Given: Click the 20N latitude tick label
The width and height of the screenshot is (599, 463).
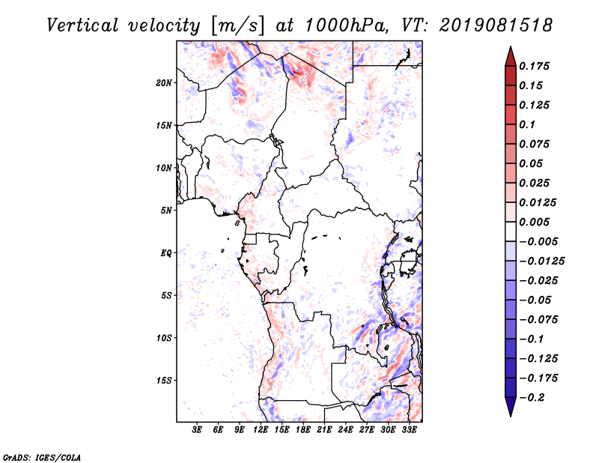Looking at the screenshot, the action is point(164,83).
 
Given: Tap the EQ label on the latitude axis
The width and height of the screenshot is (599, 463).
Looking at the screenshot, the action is point(165,253).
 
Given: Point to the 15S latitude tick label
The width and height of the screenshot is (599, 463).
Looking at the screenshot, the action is point(164,381).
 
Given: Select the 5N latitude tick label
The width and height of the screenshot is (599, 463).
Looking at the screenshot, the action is point(166,211).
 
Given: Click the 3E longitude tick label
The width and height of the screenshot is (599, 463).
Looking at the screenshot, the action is point(197,429).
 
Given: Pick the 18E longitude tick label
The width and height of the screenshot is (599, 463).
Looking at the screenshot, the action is point(303,429).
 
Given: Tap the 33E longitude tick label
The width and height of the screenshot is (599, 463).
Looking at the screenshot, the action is point(409,429).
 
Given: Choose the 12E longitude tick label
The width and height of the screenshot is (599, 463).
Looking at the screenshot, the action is point(261,429).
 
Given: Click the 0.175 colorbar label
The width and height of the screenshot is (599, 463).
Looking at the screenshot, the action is point(534,66).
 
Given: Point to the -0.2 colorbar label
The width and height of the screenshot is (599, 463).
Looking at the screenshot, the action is point(532,398).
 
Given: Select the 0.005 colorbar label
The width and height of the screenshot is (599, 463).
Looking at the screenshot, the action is point(534,222).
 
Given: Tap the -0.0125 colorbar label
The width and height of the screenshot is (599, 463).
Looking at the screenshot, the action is point(541,261).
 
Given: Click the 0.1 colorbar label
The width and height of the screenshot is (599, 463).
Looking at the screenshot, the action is point(527,124).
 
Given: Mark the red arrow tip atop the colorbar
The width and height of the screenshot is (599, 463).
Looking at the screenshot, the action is point(511,47).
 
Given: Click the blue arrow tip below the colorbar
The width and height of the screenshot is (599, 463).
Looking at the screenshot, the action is point(511,416).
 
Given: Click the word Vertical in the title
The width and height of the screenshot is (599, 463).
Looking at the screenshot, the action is point(82,25).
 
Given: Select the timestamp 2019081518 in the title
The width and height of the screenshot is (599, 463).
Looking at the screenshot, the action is point(496,25).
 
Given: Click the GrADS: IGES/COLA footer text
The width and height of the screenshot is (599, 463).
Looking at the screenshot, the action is point(42,458).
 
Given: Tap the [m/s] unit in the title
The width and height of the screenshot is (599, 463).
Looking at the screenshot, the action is point(237,26).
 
